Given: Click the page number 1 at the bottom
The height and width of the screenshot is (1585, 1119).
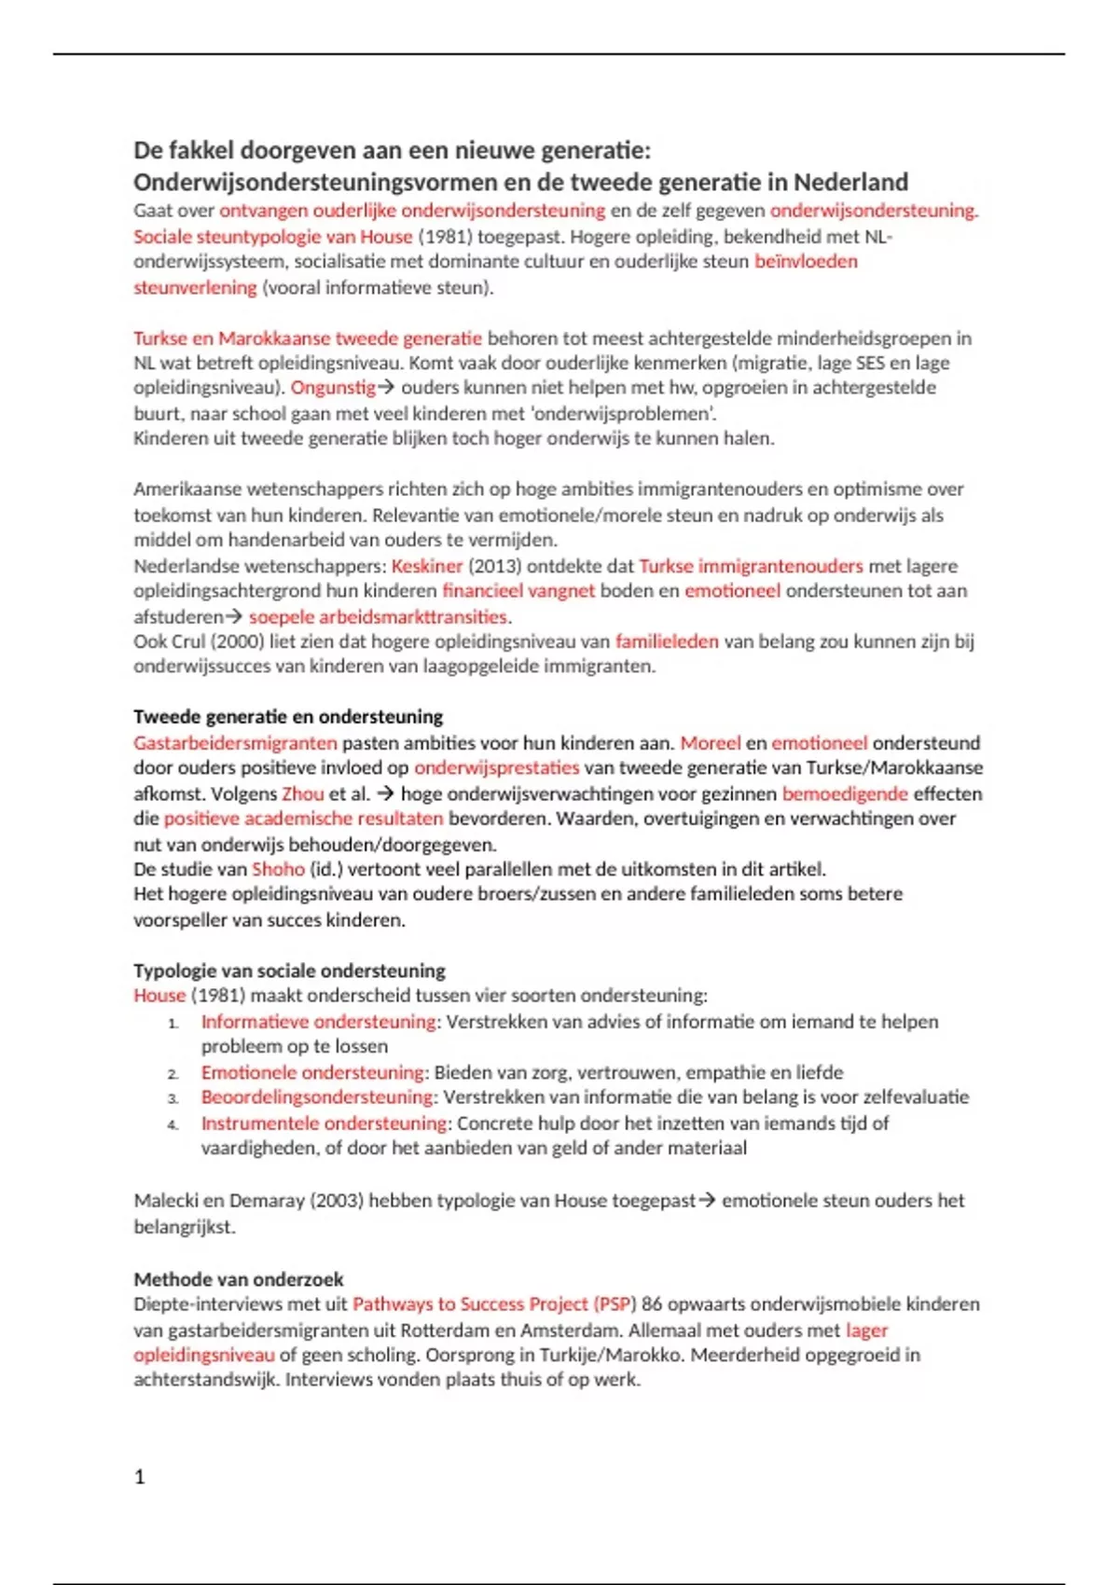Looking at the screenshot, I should pyautogui.click(x=140, y=1477).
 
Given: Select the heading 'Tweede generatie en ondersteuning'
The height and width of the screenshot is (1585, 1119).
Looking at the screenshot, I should pyautogui.click(x=288, y=717).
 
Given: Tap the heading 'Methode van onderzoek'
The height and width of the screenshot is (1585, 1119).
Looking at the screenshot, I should pyautogui.click(x=238, y=1279).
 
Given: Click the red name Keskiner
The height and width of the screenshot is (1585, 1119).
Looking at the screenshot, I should pyautogui.click(x=427, y=566).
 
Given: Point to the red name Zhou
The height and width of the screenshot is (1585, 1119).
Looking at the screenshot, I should pyautogui.click(x=303, y=794).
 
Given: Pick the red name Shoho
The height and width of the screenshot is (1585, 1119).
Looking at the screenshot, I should pyautogui.click(x=278, y=869).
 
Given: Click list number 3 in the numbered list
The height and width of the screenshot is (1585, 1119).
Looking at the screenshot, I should pyautogui.click(x=173, y=1098).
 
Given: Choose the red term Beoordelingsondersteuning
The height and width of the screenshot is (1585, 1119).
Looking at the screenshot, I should pyautogui.click(x=317, y=1097).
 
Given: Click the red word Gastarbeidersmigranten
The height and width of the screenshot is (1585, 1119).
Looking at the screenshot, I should pyautogui.click(x=235, y=743).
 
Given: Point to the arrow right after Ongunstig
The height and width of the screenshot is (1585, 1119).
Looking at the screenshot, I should pyautogui.click(x=387, y=388).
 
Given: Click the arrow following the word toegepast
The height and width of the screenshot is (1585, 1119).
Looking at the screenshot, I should pyautogui.click(x=708, y=1201).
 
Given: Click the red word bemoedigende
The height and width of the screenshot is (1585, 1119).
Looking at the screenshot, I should pyautogui.click(x=845, y=794).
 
